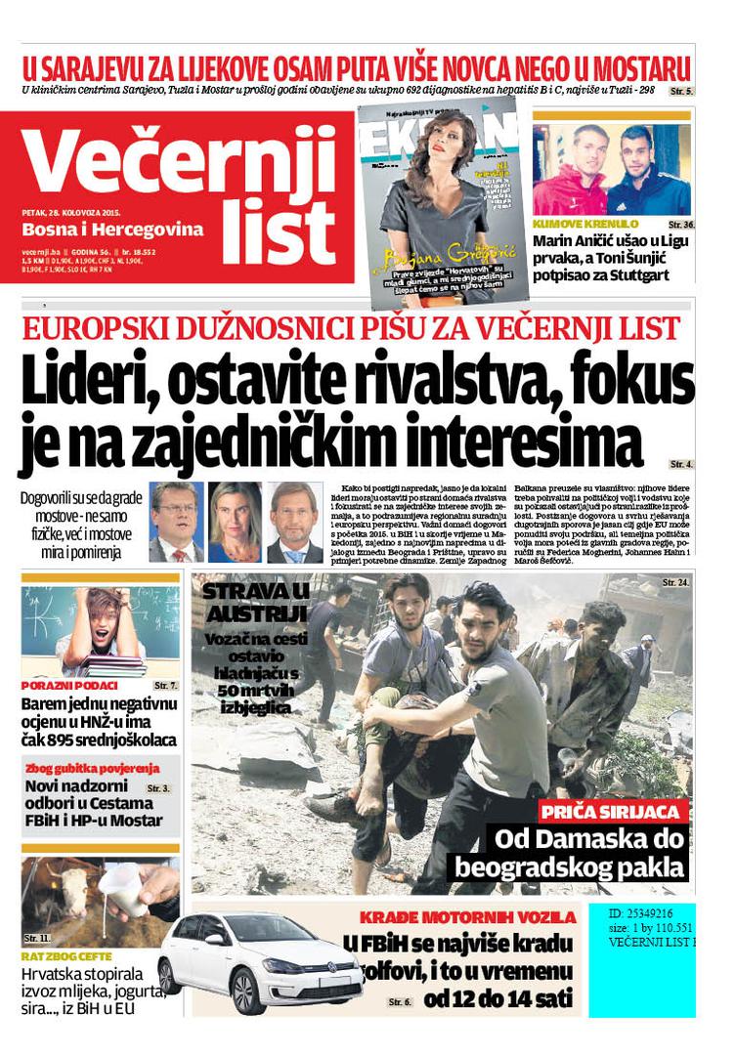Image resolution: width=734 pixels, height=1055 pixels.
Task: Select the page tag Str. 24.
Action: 675,582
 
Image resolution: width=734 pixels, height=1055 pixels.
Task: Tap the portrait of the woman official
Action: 235,522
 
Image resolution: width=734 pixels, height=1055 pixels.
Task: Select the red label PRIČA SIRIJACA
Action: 613,811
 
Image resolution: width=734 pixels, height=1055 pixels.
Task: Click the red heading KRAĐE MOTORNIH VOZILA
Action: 467,917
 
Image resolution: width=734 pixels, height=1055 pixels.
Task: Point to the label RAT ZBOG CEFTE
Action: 66,956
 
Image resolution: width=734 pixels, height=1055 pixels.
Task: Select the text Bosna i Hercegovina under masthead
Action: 112,231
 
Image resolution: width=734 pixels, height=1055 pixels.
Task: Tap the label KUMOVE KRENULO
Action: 585,224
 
